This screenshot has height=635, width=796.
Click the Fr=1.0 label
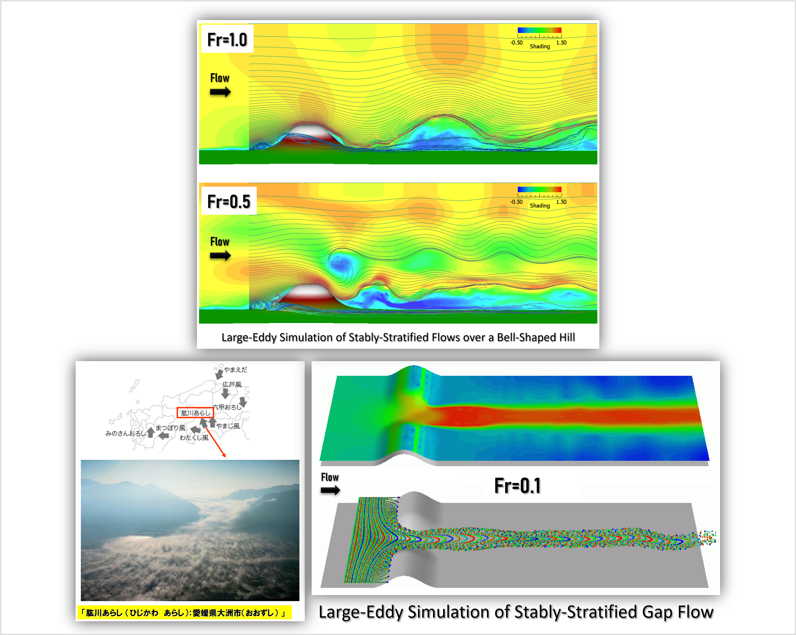click(227, 40)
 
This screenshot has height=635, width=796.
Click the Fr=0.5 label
click(229, 202)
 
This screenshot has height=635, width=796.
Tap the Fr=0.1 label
click(517, 486)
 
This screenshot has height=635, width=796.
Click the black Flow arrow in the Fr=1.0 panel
click(220, 92)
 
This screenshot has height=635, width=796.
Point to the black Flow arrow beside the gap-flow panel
click(330, 490)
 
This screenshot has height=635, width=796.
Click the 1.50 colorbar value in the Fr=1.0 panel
click(561, 42)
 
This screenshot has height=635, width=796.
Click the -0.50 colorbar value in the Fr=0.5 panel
click(516, 202)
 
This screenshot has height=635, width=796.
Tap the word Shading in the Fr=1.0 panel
click(540, 47)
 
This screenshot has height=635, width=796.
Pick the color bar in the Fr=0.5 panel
click(539, 189)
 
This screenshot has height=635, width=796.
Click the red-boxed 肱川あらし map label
click(195, 413)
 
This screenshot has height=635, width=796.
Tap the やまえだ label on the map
click(235, 369)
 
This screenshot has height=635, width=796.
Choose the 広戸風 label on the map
click(232, 385)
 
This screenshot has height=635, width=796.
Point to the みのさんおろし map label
click(125, 433)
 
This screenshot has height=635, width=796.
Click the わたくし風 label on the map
click(194, 438)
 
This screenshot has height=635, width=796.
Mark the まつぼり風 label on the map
click(171, 428)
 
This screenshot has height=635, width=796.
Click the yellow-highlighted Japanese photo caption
click(184, 613)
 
